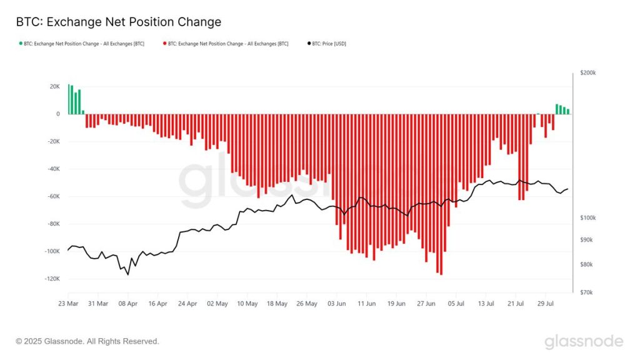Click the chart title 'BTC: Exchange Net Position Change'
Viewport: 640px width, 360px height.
(119, 22)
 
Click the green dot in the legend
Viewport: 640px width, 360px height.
(21, 44)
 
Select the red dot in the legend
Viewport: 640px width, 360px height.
(164, 44)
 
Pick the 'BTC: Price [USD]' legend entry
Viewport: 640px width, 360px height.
(328, 44)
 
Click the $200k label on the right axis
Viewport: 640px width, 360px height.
(588, 73)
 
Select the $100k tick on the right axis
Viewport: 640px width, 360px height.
(588, 217)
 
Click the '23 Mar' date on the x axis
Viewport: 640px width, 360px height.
(68, 304)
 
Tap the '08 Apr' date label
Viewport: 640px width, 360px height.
(127, 304)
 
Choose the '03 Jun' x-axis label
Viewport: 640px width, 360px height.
(337, 304)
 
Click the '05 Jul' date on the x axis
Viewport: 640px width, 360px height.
(456, 304)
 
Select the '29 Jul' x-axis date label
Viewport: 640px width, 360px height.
(546, 304)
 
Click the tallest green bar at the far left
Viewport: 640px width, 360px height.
(69, 99)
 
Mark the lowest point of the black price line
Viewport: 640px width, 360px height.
(128, 274)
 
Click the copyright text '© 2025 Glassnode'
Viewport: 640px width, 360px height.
(87, 341)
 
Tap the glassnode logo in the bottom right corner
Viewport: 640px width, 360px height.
(583, 341)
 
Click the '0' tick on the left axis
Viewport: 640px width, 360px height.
(57, 114)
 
